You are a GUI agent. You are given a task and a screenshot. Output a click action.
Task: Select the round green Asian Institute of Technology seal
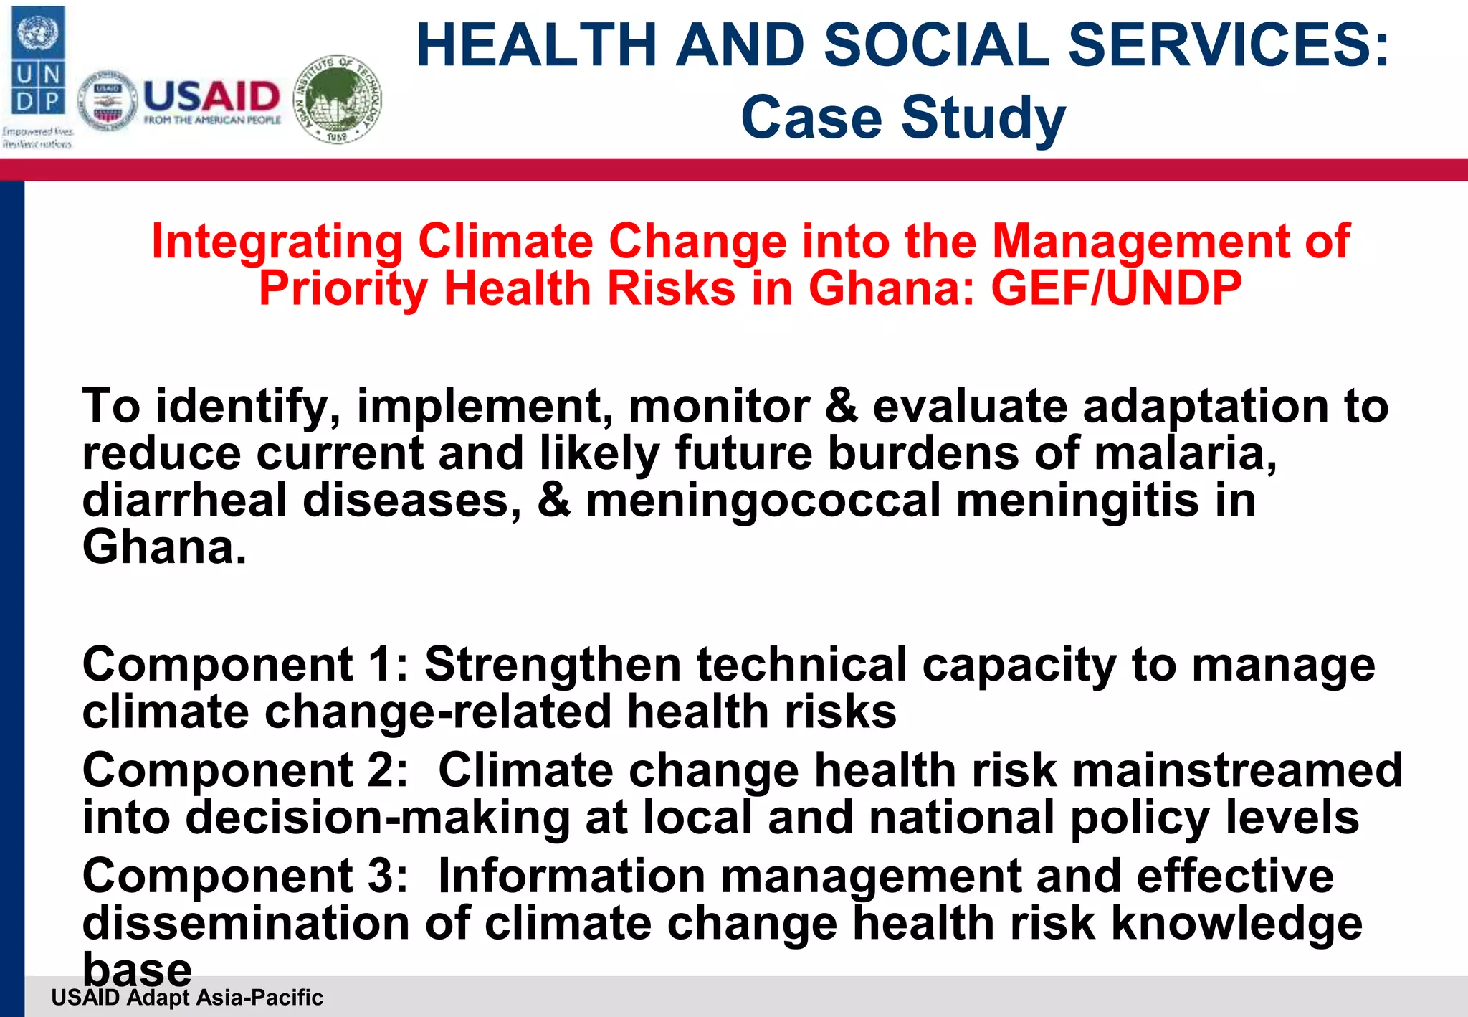338,99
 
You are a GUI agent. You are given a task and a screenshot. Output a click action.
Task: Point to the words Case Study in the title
903,118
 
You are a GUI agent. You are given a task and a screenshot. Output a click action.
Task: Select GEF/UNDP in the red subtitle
1116,288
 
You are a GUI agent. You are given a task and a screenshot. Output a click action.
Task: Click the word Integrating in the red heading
277,242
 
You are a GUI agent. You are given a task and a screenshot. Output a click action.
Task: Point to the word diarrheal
185,501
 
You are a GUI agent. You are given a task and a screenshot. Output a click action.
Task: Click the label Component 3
244,876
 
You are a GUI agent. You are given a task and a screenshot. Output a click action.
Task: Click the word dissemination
246,923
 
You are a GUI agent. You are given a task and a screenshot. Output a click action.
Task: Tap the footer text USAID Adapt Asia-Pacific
187,998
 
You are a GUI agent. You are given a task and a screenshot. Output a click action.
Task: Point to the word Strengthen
552,665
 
